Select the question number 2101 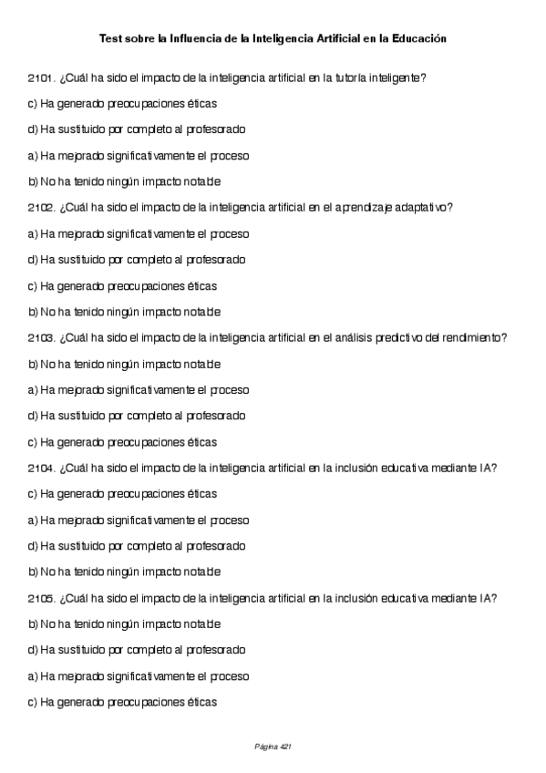click(x=42, y=78)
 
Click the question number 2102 click(x=42, y=208)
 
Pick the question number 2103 click(x=42, y=338)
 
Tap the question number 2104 click(x=42, y=469)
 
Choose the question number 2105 click(x=42, y=599)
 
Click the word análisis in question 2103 click(x=346, y=338)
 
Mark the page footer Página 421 click(x=273, y=747)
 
